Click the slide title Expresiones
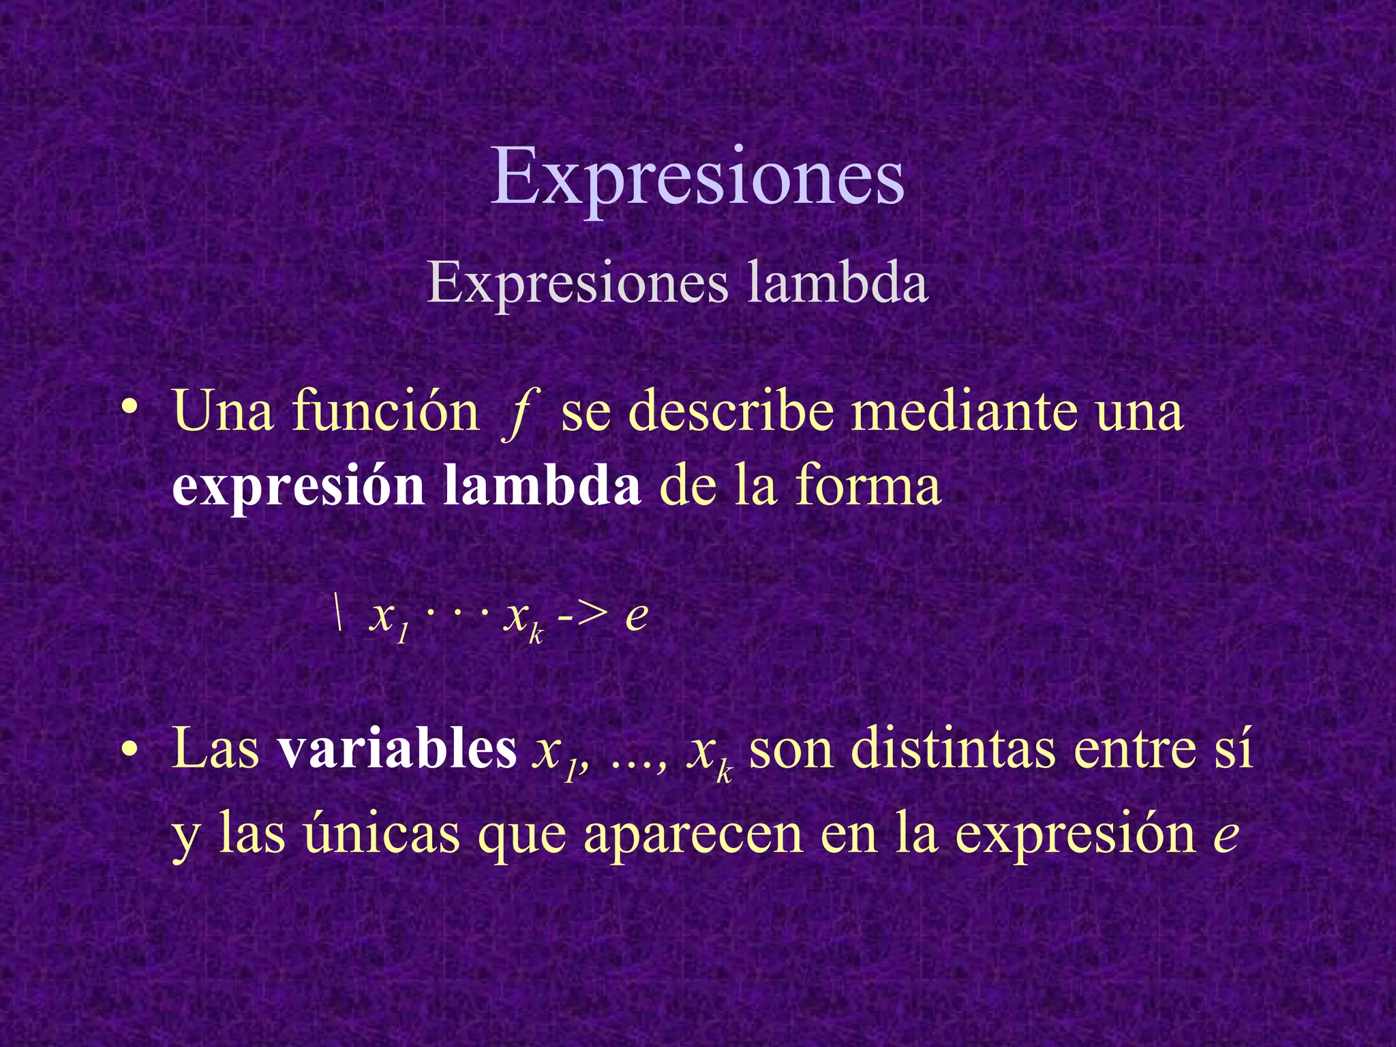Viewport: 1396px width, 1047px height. pos(697,179)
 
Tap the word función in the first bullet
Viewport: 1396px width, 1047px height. pos(386,412)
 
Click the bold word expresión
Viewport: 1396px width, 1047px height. pos(299,488)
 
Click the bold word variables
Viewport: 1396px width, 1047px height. pos(397,748)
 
